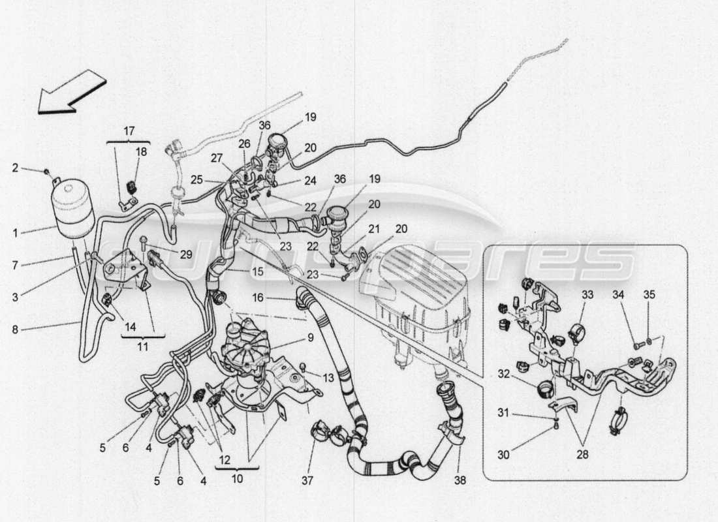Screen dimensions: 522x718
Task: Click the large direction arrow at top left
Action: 71,93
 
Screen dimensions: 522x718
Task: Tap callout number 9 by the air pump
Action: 311,337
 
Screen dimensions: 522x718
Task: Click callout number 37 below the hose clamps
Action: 307,481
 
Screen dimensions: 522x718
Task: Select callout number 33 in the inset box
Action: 587,295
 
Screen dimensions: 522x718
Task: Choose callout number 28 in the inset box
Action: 582,454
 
